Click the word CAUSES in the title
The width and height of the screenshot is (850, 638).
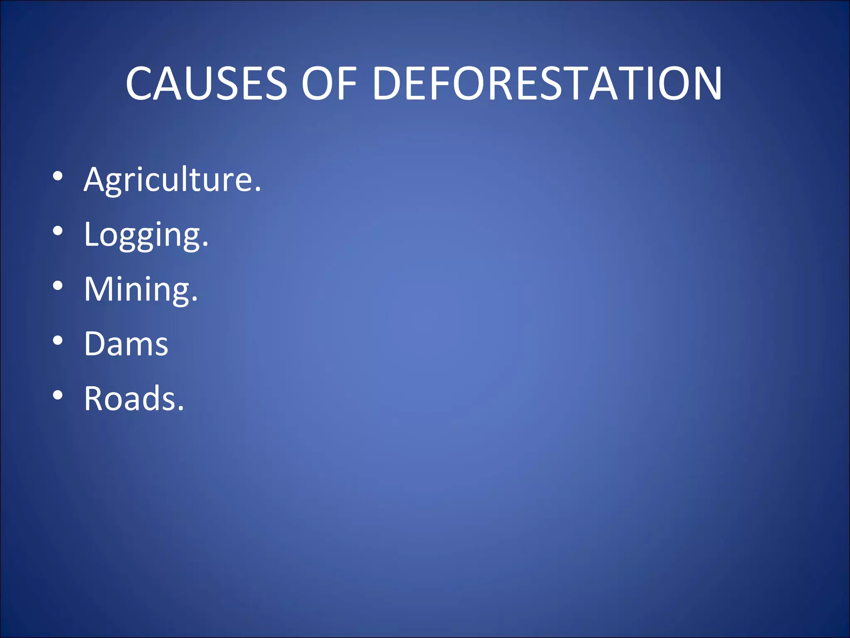(206, 83)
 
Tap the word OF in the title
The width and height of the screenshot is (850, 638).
(329, 83)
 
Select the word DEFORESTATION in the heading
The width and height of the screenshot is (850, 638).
(547, 83)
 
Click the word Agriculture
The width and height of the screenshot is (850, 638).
(172, 179)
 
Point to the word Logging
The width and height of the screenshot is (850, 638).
(146, 235)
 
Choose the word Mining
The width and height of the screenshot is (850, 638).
(141, 289)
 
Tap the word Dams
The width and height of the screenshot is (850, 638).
(126, 344)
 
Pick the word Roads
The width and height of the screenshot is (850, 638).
(134, 398)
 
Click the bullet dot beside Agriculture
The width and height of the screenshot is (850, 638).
(58, 176)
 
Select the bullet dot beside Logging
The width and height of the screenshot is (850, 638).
(58, 231)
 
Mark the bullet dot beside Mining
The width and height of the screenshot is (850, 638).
(58, 286)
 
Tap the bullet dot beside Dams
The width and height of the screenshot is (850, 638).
(58, 341)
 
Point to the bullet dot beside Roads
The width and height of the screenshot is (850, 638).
(58, 395)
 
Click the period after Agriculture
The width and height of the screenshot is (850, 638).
(258, 189)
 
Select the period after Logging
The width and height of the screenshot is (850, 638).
(205, 244)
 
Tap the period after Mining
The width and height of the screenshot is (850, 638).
(195, 299)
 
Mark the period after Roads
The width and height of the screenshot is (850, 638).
(181, 408)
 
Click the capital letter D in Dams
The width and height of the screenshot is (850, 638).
(95, 344)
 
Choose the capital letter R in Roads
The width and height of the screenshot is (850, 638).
(93, 398)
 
